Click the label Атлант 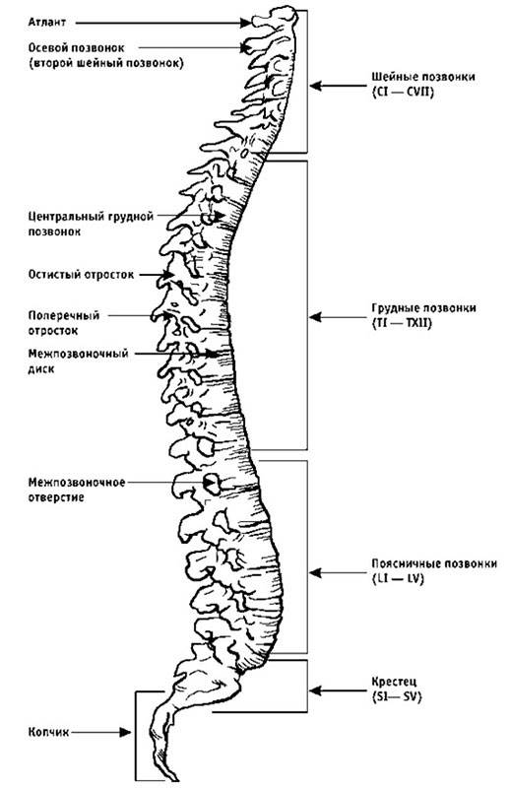(46, 23)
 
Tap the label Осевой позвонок (76, 47)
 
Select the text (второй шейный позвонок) (105, 64)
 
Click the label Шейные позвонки (423, 78)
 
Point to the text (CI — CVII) (403, 93)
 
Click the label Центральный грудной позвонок (91, 225)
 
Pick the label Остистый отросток (81, 275)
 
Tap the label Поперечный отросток (64, 323)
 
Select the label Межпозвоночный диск (78, 361)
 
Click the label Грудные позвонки (423, 308)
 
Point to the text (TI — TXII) (402, 322)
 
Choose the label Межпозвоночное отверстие (77, 490)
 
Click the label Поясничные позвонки (434, 563)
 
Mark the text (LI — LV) (398, 578)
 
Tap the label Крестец (395, 683)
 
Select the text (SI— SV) (397, 697)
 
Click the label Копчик (48, 732)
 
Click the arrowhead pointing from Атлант (245, 23)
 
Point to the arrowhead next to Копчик (125, 732)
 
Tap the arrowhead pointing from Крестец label (315, 690)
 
